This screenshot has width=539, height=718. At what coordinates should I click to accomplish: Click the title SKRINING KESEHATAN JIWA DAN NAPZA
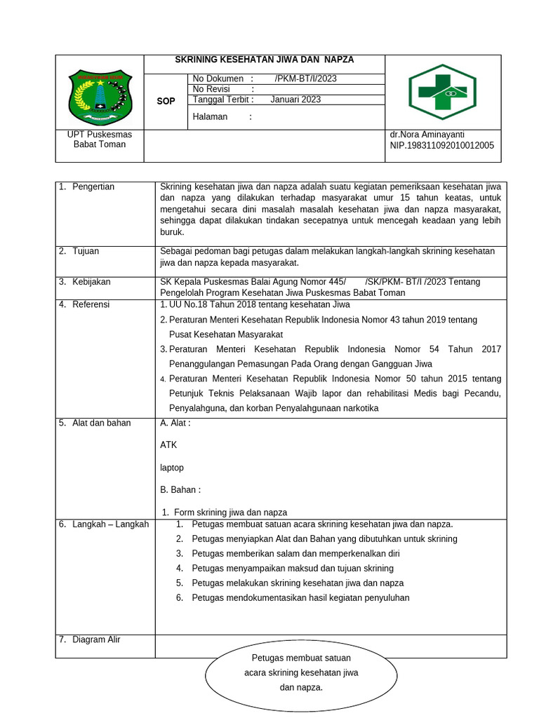pyautogui.click(x=264, y=60)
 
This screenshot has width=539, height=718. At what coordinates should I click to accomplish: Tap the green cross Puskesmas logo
pyautogui.click(x=443, y=92)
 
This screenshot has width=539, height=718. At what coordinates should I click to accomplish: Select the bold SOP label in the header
pyautogui.click(x=166, y=102)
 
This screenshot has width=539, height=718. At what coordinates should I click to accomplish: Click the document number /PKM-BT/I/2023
pyautogui.click(x=305, y=79)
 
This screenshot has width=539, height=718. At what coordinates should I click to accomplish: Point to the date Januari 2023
pyautogui.click(x=295, y=100)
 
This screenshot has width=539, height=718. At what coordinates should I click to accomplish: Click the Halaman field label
pyautogui.click(x=210, y=117)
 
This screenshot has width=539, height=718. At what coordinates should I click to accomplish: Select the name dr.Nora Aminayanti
pyautogui.click(x=427, y=135)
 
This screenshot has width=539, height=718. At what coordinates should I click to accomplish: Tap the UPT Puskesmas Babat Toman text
pyautogui.click(x=99, y=140)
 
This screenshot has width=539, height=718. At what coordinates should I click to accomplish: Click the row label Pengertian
pyautogui.click(x=93, y=187)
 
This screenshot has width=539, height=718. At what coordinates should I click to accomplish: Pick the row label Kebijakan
pyautogui.click(x=91, y=282)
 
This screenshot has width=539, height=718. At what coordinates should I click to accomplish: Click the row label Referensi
pyautogui.click(x=91, y=304)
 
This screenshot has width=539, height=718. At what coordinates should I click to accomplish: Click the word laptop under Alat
pyautogui.click(x=172, y=468)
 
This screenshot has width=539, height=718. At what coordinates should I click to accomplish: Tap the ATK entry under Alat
pyautogui.click(x=168, y=445)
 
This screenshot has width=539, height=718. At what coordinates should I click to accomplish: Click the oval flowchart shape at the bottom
pyautogui.click(x=301, y=673)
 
